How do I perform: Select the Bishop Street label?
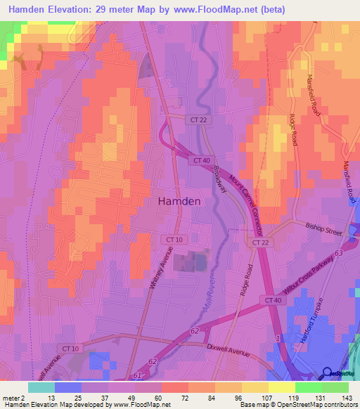(323, 229)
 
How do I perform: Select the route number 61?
(138, 377)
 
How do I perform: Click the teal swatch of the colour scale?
(41, 387)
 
